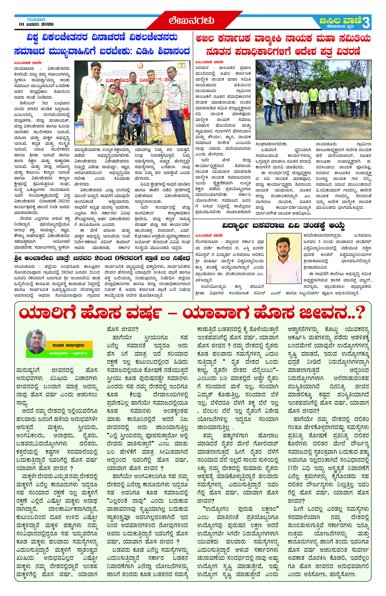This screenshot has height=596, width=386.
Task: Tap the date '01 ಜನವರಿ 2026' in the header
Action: [x=37, y=24]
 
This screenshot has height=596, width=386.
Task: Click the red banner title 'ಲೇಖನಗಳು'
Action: [x=191, y=20]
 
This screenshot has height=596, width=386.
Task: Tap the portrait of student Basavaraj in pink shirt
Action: [x=284, y=258]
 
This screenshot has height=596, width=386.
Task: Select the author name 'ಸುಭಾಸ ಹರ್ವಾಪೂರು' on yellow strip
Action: [x=68, y=345]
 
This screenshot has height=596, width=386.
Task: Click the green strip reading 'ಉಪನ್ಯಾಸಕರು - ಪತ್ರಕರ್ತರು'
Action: [x=68, y=353]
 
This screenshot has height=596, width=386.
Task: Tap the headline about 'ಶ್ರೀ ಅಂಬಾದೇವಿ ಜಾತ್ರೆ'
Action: [x=102, y=258]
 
